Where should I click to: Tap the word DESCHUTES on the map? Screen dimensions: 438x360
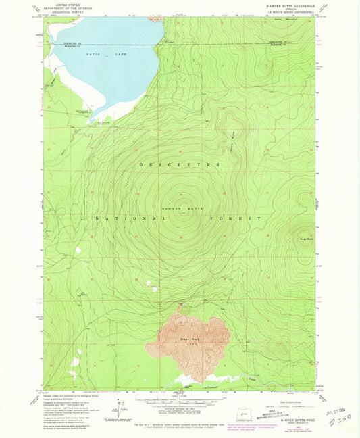[x=180, y=164]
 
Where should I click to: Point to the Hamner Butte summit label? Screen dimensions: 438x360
[x=180, y=210]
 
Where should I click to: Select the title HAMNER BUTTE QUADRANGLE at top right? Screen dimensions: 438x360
[x=288, y=7]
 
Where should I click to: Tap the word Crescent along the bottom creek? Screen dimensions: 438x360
[x=214, y=389]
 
